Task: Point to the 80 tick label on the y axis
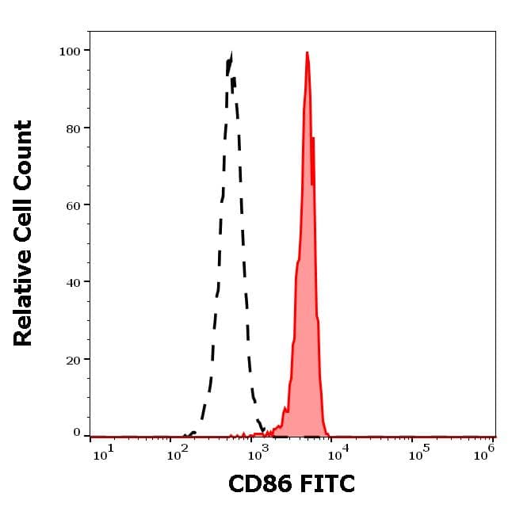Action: coord(73,128)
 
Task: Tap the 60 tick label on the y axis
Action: coord(73,205)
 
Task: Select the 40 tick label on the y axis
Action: coord(73,282)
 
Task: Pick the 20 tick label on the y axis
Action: coord(73,360)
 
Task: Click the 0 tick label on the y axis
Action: coord(77,433)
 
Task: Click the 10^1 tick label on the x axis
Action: coord(103,453)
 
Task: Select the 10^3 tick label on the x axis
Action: coord(258,453)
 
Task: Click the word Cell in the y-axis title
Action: coord(24,216)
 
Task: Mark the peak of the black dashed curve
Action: coord(230,55)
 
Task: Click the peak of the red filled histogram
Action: coord(307,53)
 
